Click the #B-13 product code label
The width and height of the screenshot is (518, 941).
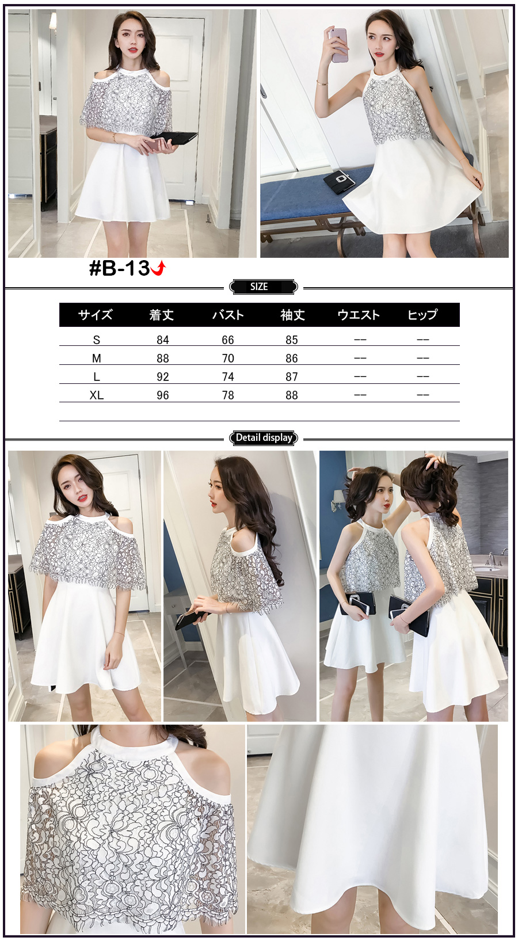[x=120, y=268]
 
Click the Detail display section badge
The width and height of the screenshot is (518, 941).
[x=264, y=438]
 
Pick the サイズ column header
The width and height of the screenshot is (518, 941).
[x=96, y=315]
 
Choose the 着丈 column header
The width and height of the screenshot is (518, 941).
[x=162, y=315]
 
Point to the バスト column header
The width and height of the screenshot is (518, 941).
[x=228, y=315]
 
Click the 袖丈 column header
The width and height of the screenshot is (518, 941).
[x=292, y=315]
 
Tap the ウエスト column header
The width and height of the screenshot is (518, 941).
[x=359, y=315]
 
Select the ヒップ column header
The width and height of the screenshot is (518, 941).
[x=422, y=315]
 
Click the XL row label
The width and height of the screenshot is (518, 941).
[x=97, y=395]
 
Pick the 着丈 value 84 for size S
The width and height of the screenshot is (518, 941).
[x=162, y=340]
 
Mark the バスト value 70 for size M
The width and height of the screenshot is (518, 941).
[x=228, y=359]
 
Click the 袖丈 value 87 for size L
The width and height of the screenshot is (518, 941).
[x=292, y=377]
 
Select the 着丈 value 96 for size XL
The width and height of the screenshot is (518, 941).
[x=162, y=395]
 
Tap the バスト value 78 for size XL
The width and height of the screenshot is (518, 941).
[x=228, y=395]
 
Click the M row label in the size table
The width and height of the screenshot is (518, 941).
[x=97, y=359]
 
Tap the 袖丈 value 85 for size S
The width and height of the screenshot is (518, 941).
[x=292, y=340]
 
